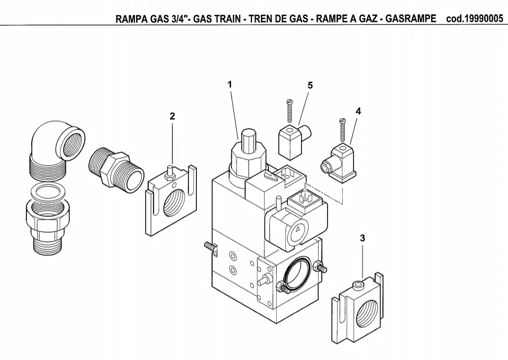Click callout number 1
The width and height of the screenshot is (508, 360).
(230, 84)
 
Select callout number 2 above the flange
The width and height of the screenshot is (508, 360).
(172, 116)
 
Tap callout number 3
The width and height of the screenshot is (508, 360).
(362, 238)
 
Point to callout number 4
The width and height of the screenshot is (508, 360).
(358, 111)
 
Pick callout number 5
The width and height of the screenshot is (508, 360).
(310, 85)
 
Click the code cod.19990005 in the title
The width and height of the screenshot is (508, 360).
(475, 19)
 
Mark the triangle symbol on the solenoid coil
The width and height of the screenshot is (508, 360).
(299, 230)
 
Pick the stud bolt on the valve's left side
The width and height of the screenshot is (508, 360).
(209, 247)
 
